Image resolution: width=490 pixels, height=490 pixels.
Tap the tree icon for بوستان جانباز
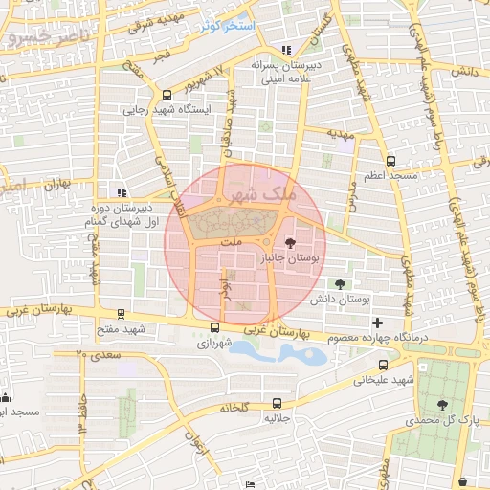291,244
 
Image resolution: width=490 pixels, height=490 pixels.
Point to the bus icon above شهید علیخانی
384,365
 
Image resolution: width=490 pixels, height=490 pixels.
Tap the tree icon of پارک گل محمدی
441,405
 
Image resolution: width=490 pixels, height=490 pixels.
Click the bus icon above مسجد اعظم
390,162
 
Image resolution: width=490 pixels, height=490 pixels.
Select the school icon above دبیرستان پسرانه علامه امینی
286,51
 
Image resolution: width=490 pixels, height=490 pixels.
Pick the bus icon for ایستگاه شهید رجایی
167,95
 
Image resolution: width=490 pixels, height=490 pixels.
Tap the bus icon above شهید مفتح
121,314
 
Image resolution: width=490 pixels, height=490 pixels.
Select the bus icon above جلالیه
277,403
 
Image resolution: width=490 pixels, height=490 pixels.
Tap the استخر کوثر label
227,25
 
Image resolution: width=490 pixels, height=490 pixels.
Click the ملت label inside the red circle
229,243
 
